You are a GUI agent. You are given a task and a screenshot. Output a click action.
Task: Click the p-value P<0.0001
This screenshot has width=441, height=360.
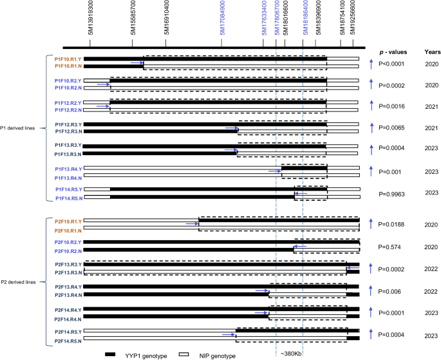click(393, 63)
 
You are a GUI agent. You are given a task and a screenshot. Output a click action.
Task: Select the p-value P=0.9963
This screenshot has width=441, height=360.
click(391, 193)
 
